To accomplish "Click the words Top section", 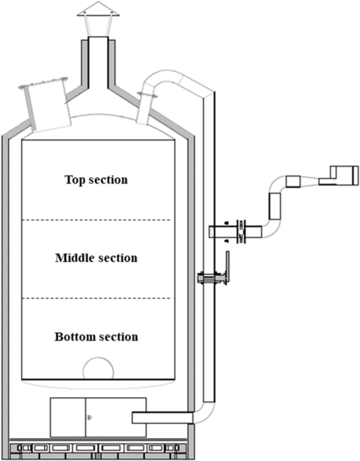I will (96, 180).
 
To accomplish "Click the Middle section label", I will (96, 258).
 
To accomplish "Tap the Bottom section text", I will (96, 336).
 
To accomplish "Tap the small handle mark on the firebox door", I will (89, 417).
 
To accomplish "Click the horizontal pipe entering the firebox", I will (163, 417).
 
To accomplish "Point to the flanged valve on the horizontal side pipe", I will (241, 231).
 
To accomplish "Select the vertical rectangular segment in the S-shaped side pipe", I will (275, 206).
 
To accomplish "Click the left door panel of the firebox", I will (68, 417).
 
